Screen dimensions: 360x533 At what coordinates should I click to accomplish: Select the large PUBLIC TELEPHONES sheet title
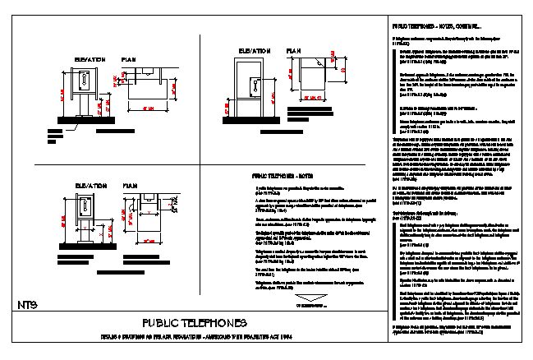click(x=200, y=322)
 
